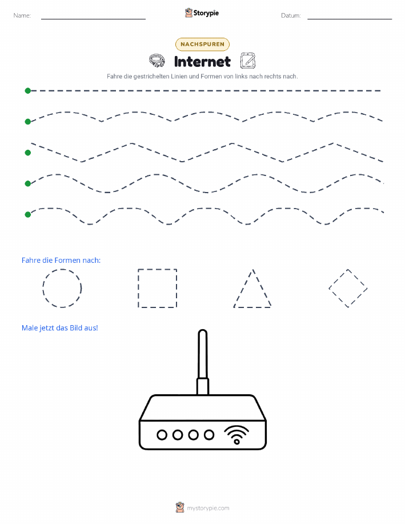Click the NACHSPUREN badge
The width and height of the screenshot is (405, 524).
pyautogui.click(x=202, y=44)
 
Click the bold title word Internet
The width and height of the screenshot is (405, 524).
pyautogui.click(x=202, y=62)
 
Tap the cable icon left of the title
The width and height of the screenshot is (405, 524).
pyautogui.click(x=157, y=61)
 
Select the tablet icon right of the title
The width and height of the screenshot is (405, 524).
pyautogui.click(x=248, y=61)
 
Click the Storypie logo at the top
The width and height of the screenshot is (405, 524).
pyautogui.click(x=202, y=13)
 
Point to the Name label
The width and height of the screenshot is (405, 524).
pyautogui.click(x=22, y=15)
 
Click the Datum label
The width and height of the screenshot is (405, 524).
pyautogui.click(x=291, y=15)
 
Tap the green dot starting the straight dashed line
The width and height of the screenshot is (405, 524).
pyautogui.click(x=28, y=90)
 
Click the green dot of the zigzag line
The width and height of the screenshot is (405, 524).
pyautogui.click(x=28, y=153)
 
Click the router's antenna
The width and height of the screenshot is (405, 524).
pyautogui.click(x=202, y=362)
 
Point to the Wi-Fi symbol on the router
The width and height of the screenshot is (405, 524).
pyautogui.click(x=236, y=435)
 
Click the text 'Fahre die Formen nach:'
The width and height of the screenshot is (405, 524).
pyautogui.click(x=61, y=261)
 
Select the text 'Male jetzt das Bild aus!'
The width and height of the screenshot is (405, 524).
pyautogui.click(x=60, y=328)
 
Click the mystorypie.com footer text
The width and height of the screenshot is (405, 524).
pyautogui.click(x=208, y=508)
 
